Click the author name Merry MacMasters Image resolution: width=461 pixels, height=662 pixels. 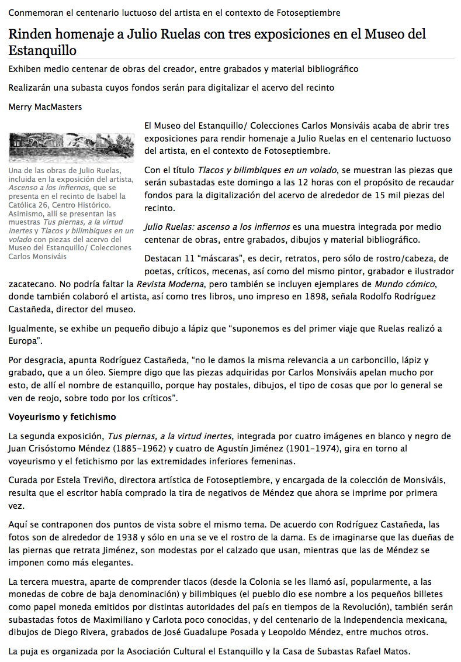pos(37,107)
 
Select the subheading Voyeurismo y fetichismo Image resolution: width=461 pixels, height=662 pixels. pos(62,417)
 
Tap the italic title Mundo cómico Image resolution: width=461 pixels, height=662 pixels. pos(404,284)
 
